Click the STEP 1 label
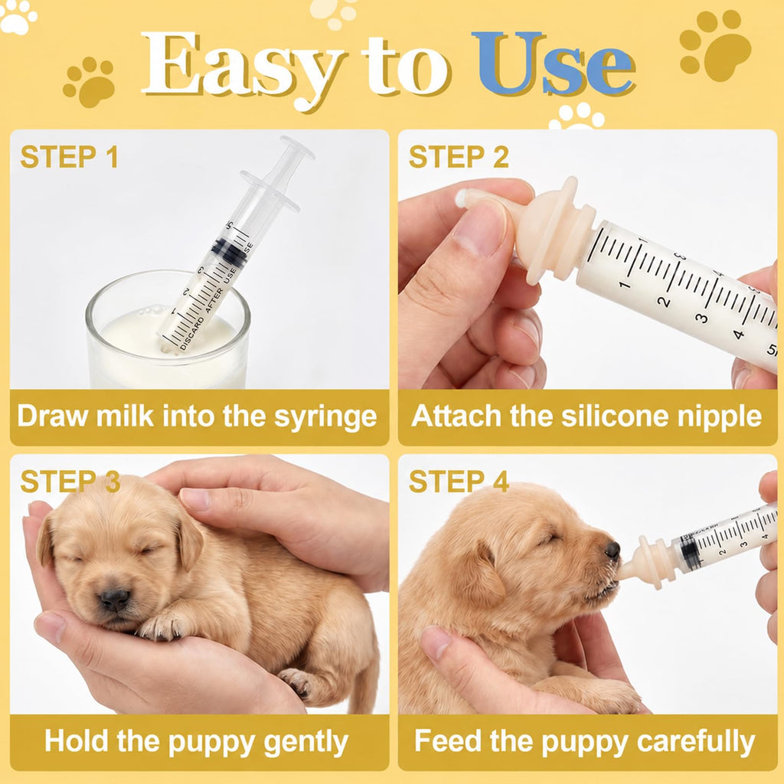coord(69,157)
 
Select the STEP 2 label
coord(459,157)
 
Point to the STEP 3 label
coord(70,482)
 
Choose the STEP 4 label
coord(459,482)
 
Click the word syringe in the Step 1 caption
coord(325,417)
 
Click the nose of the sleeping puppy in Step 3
coord(115,598)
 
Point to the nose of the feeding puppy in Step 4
coord(612,550)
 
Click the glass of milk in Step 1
coord(168,330)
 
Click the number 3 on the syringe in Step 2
coord(703,318)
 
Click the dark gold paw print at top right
coord(715,45)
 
